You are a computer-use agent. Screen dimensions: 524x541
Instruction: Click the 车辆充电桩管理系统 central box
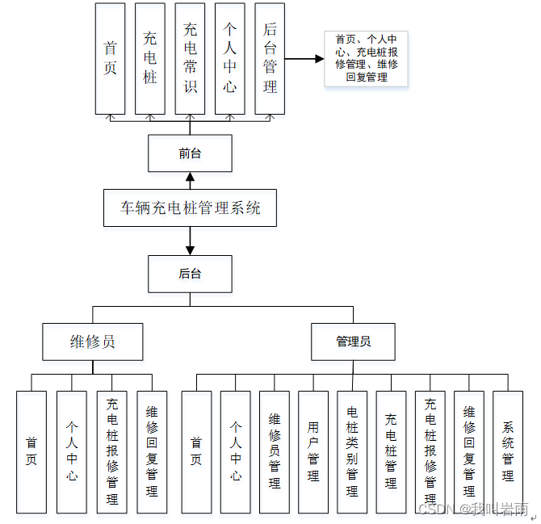click(x=191, y=208)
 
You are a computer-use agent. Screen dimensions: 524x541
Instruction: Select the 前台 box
click(x=190, y=153)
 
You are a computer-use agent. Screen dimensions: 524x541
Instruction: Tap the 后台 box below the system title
click(x=190, y=274)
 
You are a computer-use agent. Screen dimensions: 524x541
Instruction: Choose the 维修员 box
click(x=92, y=342)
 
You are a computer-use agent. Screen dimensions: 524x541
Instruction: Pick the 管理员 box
click(x=353, y=342)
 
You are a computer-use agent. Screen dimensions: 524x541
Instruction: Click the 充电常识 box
click(x=190, y=58)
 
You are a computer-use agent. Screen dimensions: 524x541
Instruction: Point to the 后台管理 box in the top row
click(x=270, y=58)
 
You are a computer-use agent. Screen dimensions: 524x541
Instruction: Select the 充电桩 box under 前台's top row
click(x=150, y=58)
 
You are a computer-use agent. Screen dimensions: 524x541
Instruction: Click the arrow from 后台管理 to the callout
click(x=304, y=59)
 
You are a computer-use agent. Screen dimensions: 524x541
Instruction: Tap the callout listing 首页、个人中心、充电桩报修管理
click(x=366, y=58)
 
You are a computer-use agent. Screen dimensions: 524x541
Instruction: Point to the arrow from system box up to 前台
click(x=190, y=180)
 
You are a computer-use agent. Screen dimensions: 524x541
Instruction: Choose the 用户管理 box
click(x=313, y=451)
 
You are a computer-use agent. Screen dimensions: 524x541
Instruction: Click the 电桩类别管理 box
click(x=352, y=451)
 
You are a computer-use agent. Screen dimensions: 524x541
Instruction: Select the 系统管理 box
click(x=507, y=451)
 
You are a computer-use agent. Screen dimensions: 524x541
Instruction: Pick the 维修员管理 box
click(x=275, y=451)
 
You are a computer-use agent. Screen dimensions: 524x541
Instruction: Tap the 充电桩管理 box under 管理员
click(x=391, y=451)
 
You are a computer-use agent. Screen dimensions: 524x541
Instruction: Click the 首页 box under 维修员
click(x=31, y=451)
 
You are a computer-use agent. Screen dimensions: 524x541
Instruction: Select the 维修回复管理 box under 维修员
click(x=152, y=451)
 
